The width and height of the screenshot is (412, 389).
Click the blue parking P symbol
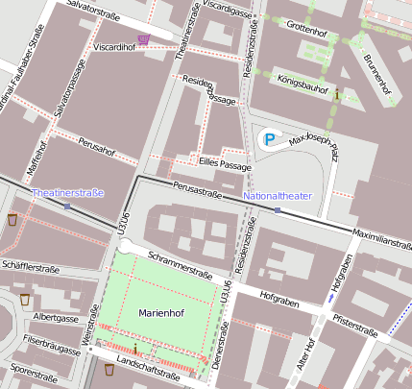[x=270, y=141]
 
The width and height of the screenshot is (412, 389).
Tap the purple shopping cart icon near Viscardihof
[x=143, y=38]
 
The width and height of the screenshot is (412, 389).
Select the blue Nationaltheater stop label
[x=278, y=196]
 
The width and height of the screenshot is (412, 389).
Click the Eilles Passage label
[x=225, y=165]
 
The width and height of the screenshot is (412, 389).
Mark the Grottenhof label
[x=307, y=31]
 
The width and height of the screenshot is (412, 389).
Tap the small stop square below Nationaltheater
[x=277, y=209]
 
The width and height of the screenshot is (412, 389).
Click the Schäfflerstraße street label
[x=31, y=265]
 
